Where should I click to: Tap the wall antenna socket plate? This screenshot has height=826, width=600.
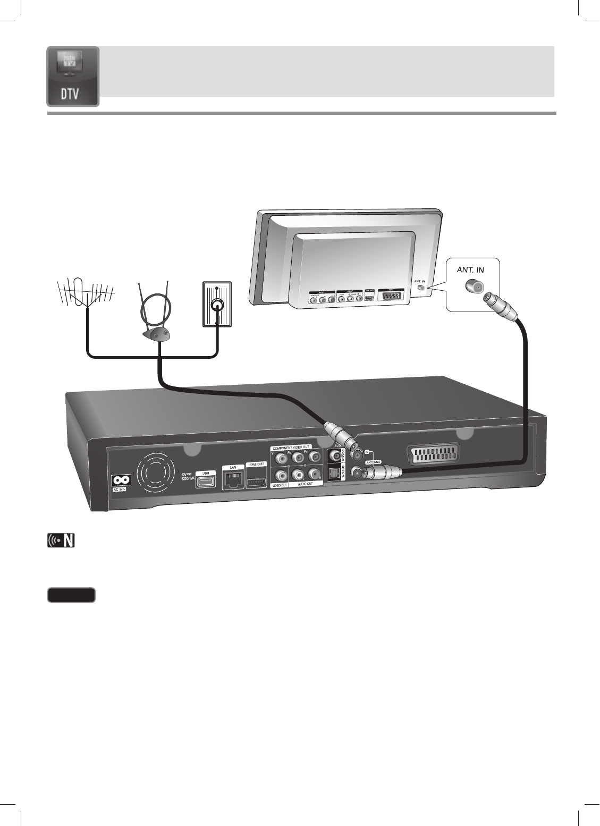pos(217,305)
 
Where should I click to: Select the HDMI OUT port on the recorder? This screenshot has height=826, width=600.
pos(256,482)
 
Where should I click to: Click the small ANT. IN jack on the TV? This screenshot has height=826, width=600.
pos(422,288)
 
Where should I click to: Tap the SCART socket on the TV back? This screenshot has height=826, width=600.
pos(390,295)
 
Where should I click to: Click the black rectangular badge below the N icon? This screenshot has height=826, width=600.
pos(71,594)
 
